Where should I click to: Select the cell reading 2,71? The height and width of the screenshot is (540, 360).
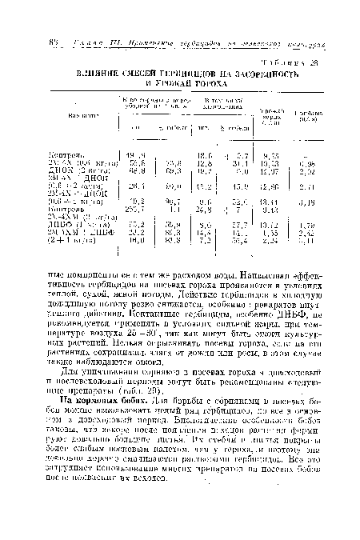(x=314, y=188)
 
